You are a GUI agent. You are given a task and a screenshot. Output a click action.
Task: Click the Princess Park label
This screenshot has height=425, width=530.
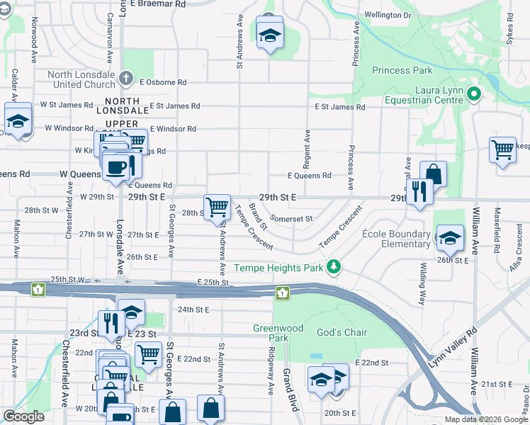[402, 70]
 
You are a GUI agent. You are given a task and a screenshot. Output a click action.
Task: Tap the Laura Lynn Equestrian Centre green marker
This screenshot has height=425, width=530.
[474, 94]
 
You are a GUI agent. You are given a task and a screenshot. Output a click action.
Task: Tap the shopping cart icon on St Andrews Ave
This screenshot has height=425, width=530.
[217, 207]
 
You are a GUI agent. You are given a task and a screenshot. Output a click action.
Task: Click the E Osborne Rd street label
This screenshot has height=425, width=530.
[164, 82]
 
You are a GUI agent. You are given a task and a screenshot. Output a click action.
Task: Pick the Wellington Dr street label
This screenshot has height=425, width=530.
[388, 15]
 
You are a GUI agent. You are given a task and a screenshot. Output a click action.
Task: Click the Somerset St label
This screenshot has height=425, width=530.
[291, 219]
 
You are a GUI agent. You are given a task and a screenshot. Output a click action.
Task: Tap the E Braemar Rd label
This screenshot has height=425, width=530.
[163, 4]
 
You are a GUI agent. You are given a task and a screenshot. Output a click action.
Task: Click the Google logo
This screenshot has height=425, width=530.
[23, 416]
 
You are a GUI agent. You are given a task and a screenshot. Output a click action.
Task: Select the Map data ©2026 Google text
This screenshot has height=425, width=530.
[487, 419]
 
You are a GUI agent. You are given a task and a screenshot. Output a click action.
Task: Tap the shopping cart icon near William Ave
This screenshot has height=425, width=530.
[502, 149]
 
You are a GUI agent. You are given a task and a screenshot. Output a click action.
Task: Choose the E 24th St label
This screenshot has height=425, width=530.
[193, 310]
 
